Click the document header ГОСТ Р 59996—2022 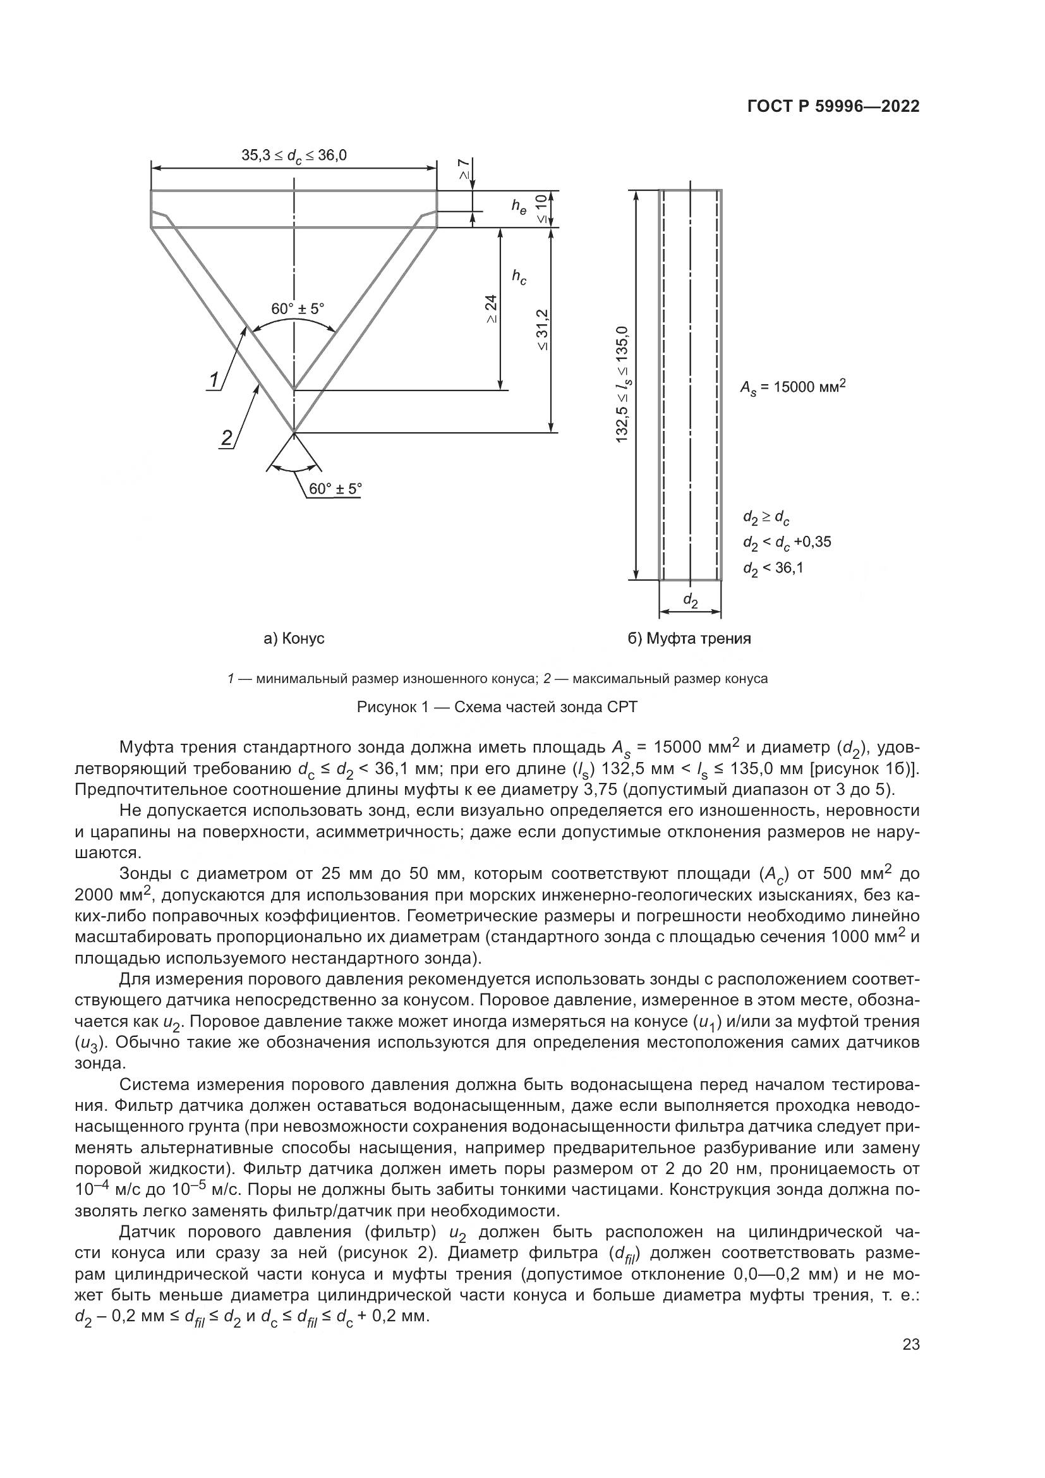pos(833,107)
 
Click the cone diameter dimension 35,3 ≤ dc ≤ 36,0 pos(293,156)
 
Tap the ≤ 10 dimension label pos(543,209)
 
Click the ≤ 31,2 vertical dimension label pos(543,330)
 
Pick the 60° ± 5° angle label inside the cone pos(298,309)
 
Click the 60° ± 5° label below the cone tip pos(335,488)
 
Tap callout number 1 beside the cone pos(214,380)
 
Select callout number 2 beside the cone pos(227,439)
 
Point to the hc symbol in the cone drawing pos(519,277)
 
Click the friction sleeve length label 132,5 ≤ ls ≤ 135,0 pos(622,384)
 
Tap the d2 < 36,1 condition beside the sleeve pos(773,569)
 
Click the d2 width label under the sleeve pos(690,600)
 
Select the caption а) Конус pos(294,639)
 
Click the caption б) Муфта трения pos(689,639)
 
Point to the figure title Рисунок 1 pos(497,707)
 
